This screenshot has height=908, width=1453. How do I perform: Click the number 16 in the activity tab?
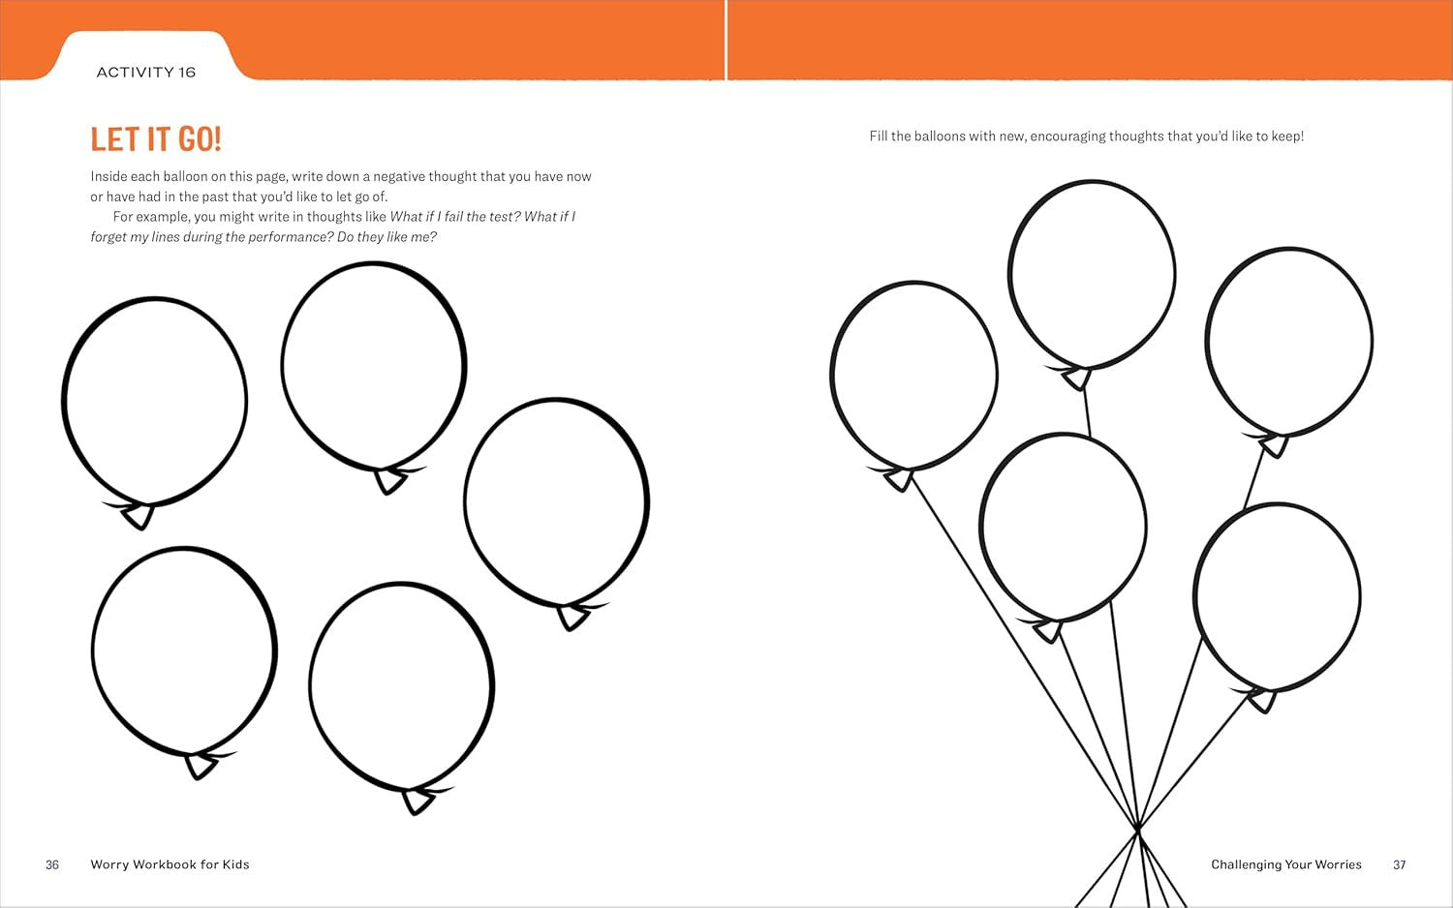pyautogui.click(x=187, y=72)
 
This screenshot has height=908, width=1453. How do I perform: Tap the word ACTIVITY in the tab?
pyautogui.click(x=135, y=72)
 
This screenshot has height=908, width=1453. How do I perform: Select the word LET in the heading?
pyautogui.click(x=108, y=139)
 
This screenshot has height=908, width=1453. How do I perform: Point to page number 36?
pyautogui.click(x=52, y=864)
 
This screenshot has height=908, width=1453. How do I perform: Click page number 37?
pyautogui.click(x=1399, y=864)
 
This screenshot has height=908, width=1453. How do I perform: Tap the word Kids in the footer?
pyautogui.click(x=235, y=863)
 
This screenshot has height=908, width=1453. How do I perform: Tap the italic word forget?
pyautogui.click(x=108, y=237)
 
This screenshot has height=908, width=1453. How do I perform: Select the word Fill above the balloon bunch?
pyautogui.click(x=878, y=136)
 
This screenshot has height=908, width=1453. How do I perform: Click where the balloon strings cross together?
pyautogui.click(x=1138, y=829)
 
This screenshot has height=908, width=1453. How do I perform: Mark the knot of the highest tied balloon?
pyautogui.click(x=1077, y=378)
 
